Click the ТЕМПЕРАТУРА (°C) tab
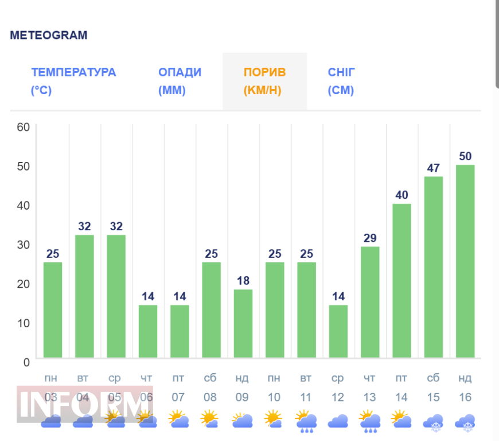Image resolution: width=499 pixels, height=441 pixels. coord(73,81)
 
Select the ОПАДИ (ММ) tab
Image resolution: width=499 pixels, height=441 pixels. coord(180,81)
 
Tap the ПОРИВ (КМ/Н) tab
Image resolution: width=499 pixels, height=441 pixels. coord(264,81)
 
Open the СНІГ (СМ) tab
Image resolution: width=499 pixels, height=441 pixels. coord(342,81)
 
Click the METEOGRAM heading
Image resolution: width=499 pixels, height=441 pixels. coord(49,35)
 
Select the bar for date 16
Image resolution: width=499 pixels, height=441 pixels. coord(465,261)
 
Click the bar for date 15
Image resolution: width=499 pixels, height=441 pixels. coord(434,267)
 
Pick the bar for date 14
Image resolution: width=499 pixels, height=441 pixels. coord(401,281)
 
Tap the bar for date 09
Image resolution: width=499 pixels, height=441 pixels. coord(243,323)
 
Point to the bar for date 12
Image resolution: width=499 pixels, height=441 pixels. coord(338,331)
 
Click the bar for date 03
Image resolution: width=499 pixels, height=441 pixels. coord(53,310)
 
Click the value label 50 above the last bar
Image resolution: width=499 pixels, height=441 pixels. coord(465,156)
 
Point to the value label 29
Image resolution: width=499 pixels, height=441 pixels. coord(370,238)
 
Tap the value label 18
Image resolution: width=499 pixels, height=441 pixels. coord(243,281)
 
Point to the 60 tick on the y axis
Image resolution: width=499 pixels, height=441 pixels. coord(23,127)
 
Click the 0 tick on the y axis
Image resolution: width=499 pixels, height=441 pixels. coord(26,362)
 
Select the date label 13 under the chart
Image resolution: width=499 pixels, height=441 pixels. coord(369,397)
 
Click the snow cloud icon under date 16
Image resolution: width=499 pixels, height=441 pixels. coord(465,423)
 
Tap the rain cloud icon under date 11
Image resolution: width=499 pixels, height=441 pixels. coord(306,421)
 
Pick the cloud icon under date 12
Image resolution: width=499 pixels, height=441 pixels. coord(338,421)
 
